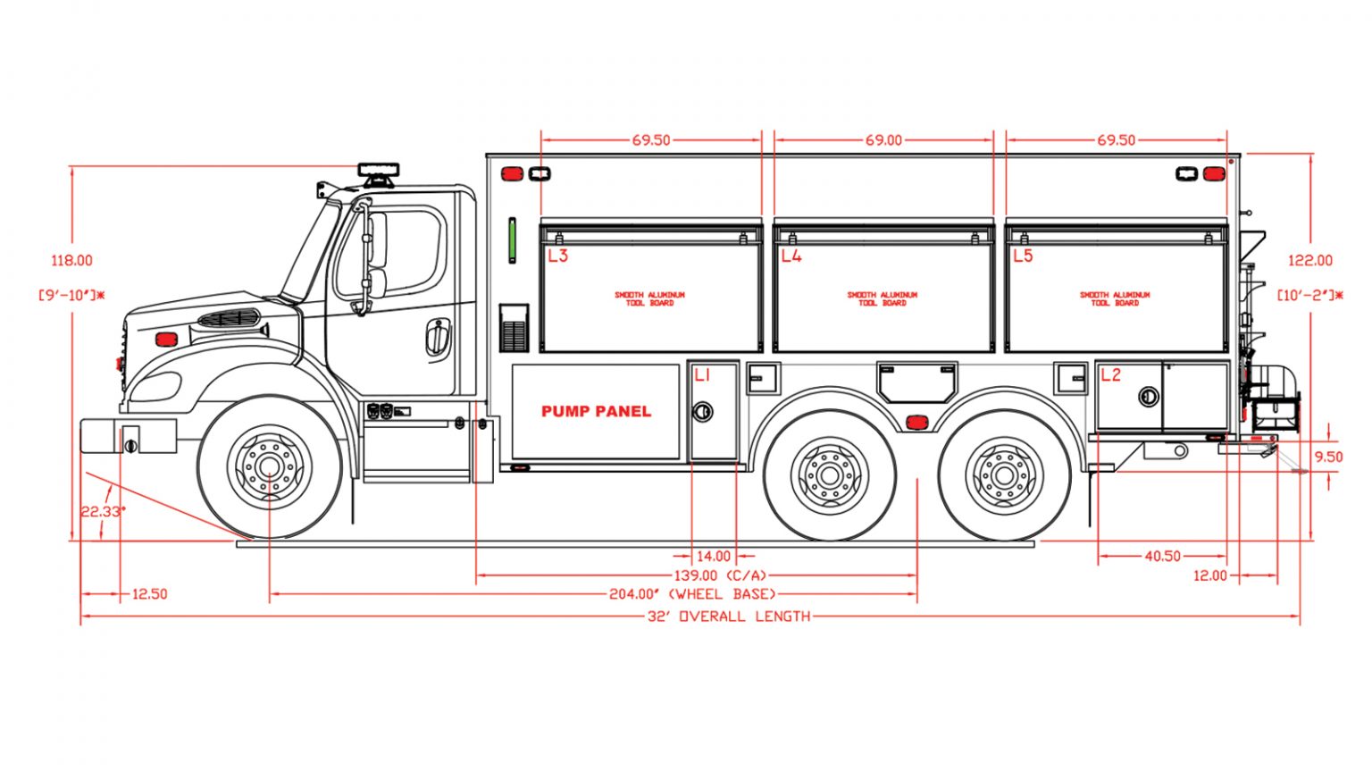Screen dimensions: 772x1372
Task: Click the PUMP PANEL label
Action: click(x=596, y=412)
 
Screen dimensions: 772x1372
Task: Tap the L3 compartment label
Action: click(x=557, y=256)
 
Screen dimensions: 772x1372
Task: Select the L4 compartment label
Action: click(x=791, y=256)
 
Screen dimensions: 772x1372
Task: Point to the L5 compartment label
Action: click(x=1023, y=256)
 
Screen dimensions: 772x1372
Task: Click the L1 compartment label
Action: click(x=702, y=375)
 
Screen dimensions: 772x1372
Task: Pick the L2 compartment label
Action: click(x=1110, y=375)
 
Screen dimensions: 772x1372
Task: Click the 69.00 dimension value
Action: click(x=883, y=140)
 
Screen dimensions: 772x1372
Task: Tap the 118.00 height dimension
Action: click(x=71, y=261)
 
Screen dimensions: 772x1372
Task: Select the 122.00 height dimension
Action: click(x=1309, y=261)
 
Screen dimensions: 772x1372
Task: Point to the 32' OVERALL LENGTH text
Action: click(x=729, y=617)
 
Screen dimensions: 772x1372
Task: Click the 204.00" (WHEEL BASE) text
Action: click(x=692, y=594)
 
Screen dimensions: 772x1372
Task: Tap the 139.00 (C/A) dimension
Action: click(x=720, y=576)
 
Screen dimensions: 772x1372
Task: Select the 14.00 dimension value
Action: click(x=714, y=557)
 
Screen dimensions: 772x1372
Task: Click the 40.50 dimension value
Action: click(x=1162, y=557)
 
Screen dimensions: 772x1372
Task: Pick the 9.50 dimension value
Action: click(x=1328, y=457)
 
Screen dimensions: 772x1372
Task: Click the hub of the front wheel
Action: click(x=269, y=467)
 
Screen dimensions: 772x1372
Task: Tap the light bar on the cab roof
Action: click(x=379, y=170)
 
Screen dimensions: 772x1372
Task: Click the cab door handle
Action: click(x=437, y=338)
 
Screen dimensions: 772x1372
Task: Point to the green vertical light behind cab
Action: click(x=513, y=239)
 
